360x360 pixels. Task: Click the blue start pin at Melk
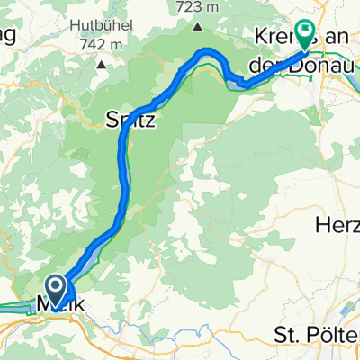coord(54,289)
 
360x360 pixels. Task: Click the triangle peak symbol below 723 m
coord(197,25)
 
